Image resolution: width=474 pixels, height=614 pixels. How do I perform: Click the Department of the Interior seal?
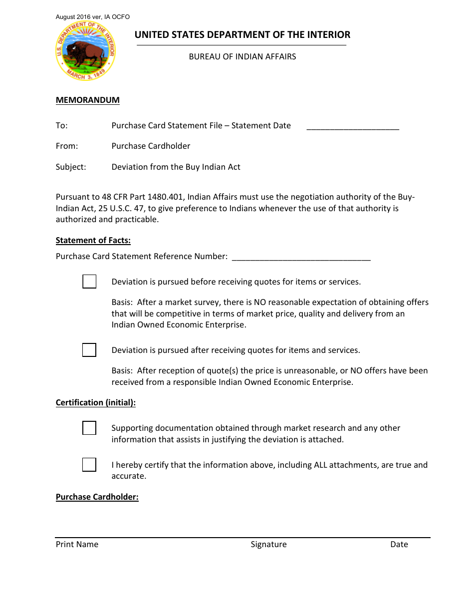pyautogui.click(x=85, y=51)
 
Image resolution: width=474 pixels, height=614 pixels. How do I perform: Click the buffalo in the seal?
pyautogui.click(x=87, y=53)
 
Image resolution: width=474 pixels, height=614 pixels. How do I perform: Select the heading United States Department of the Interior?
pyautogui.click(x=242, y=35)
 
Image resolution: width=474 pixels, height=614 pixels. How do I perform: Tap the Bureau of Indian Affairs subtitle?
pyautogui.click(x=242, y=57)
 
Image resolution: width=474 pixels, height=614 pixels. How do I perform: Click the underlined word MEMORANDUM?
pyautogui.click(x=88, y=100)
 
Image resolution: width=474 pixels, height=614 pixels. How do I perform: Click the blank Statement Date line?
pyautogui.click(x=353, y=127)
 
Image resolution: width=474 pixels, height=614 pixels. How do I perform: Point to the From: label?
pyautogui.click(x=67, y=146)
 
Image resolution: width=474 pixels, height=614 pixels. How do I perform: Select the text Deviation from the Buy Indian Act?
pyautogui.click(x=176, y=167)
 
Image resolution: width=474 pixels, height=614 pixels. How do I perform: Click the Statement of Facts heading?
pyautogui.click(x=93, y=241)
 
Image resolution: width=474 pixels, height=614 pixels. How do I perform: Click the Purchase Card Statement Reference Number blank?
pyautogui.click(x=301, y=258)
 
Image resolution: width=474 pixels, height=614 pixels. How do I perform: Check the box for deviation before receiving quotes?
pyautogui.click(x=89, y=282)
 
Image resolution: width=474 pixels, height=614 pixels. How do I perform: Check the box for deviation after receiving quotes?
pyautogui.click(x=89, y=350)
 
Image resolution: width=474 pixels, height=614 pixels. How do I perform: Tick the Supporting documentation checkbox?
pyautogui.click(x=89, y=428)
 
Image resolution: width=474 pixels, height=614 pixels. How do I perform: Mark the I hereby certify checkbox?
pyautogui.click(x=89, y=465)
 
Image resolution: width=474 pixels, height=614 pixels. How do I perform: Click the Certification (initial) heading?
pyautogui.click(x=96, y=403)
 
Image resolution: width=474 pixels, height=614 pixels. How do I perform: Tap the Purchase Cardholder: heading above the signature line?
pyautogui.click(x=97, y=497)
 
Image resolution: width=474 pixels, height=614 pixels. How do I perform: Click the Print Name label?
pyautogui.click(x=77, y=545)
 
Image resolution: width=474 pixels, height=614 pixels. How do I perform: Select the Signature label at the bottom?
pyautogui.click(x=268, y=545)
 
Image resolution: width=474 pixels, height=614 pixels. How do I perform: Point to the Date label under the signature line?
pyautogui.click(x=399, y=545)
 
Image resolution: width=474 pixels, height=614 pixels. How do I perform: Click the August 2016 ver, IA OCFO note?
pyautogui.click(x=93, y=17)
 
